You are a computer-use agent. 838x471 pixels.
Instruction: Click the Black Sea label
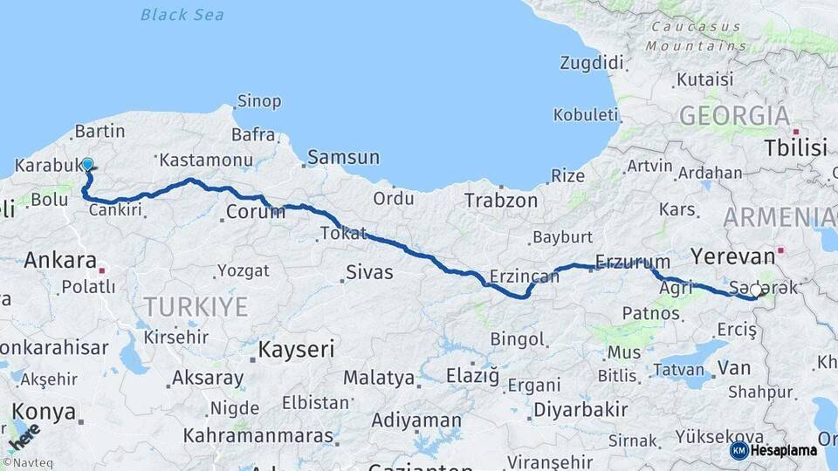coord(182,14)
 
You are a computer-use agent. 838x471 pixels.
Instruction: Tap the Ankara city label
coord(59,260)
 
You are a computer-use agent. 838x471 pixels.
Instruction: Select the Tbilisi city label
coord(795,148)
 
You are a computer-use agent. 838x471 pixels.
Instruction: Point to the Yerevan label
coord(732,256)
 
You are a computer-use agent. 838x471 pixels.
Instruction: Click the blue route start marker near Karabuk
coord(87,164)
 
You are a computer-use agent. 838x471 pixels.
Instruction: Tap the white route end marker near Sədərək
coord(756,291)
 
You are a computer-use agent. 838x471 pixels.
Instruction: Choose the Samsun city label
coord(343,158)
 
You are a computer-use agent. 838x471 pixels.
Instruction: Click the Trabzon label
coord(500,200)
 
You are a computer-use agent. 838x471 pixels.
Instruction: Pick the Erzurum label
coord(632,262)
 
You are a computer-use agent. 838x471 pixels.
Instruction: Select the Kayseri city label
coord(297,350)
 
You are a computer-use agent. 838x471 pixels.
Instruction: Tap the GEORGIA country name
coord(734,116)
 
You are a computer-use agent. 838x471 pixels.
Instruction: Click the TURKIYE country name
coord(196,306)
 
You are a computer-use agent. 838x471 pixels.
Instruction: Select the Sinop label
coord(259,102)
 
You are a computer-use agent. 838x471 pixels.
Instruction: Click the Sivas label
coord(369,272)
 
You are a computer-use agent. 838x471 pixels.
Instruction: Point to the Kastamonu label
coord(206,160)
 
